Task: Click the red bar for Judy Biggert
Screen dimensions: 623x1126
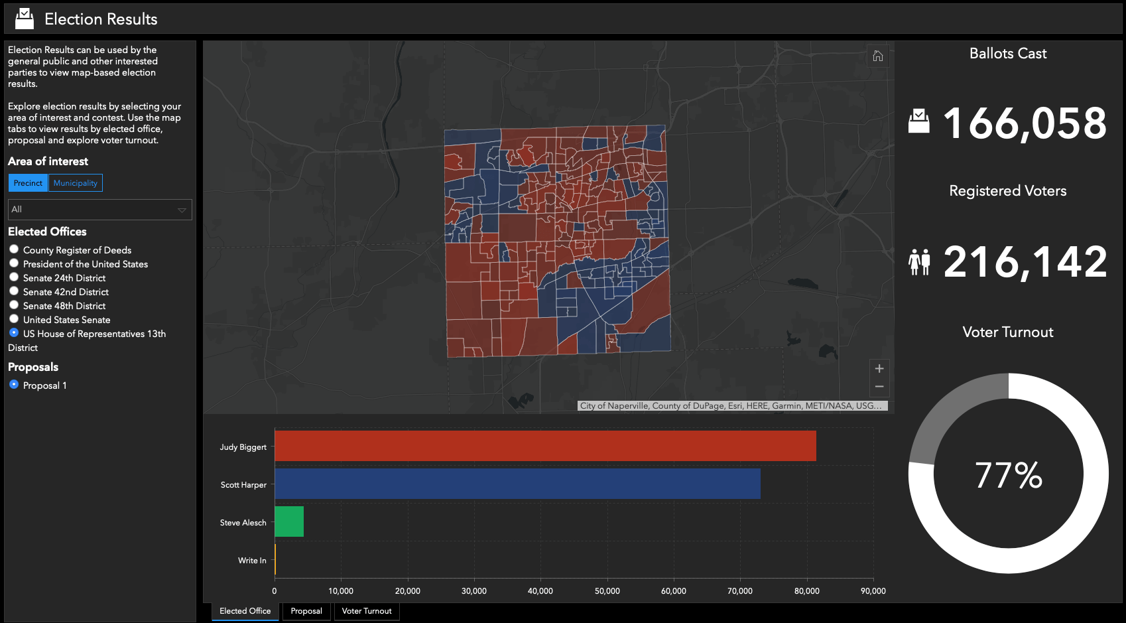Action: click(x=545, y=446)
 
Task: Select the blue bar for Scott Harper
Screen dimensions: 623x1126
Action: click(x=517, y=484)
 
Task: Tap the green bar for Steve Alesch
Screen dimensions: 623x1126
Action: click(x=289, y=521)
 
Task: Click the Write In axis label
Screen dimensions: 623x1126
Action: click(x=252, y=561)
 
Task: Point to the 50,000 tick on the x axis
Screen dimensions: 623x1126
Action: click(x=607, y=590)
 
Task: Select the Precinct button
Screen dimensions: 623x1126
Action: click(x=28, y=183)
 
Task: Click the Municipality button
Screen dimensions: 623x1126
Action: click(x=76, y=183)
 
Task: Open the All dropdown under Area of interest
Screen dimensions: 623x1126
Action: click(x=99, y=210)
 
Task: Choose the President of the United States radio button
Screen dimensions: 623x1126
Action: click(x=14, y=263)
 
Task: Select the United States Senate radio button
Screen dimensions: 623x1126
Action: click(x=14, y=319)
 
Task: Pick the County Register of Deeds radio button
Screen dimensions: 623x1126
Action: click(x=14, y=249)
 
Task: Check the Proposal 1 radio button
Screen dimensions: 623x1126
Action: click(x=14, y=385)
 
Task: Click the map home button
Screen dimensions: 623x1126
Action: click(x=877, y=56)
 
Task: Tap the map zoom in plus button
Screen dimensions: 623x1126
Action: click(x=879, y=369)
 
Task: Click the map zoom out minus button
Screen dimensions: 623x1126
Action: click(x=879, y=387)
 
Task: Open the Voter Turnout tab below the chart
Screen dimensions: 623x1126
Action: click(x=367, y=611)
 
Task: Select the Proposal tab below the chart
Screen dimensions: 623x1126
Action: click(x=306, y=611)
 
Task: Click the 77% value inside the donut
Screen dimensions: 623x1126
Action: click(x=1008, y=475)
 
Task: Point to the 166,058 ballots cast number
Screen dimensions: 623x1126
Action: click(x=1025, y=124)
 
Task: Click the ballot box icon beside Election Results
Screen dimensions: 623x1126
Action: click(x=25, y=19)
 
